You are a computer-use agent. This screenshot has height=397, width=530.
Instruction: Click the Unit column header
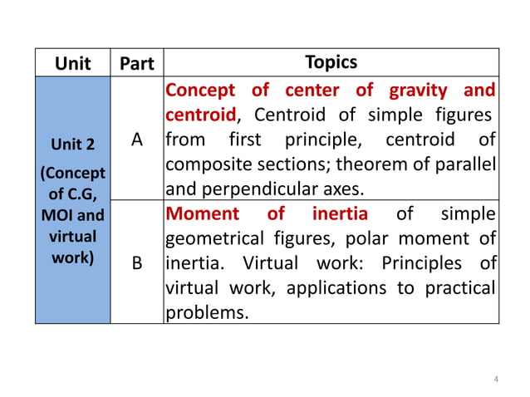[x=72, y=63]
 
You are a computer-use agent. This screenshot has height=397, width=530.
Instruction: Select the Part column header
[x=137, y=63]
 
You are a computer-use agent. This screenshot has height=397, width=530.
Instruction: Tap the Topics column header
[x=331, y=62]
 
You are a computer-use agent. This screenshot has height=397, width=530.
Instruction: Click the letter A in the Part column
[x=137, y=140]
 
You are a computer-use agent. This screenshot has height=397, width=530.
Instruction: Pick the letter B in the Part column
[x=137, y=264]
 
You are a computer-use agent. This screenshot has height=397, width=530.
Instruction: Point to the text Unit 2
[x=72, y=145]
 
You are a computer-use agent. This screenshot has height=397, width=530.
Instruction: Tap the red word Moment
[x=204, y=213]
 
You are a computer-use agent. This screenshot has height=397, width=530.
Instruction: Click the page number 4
[x=496, y=380]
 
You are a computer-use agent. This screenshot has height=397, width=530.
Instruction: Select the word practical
[x=459, y=289]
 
